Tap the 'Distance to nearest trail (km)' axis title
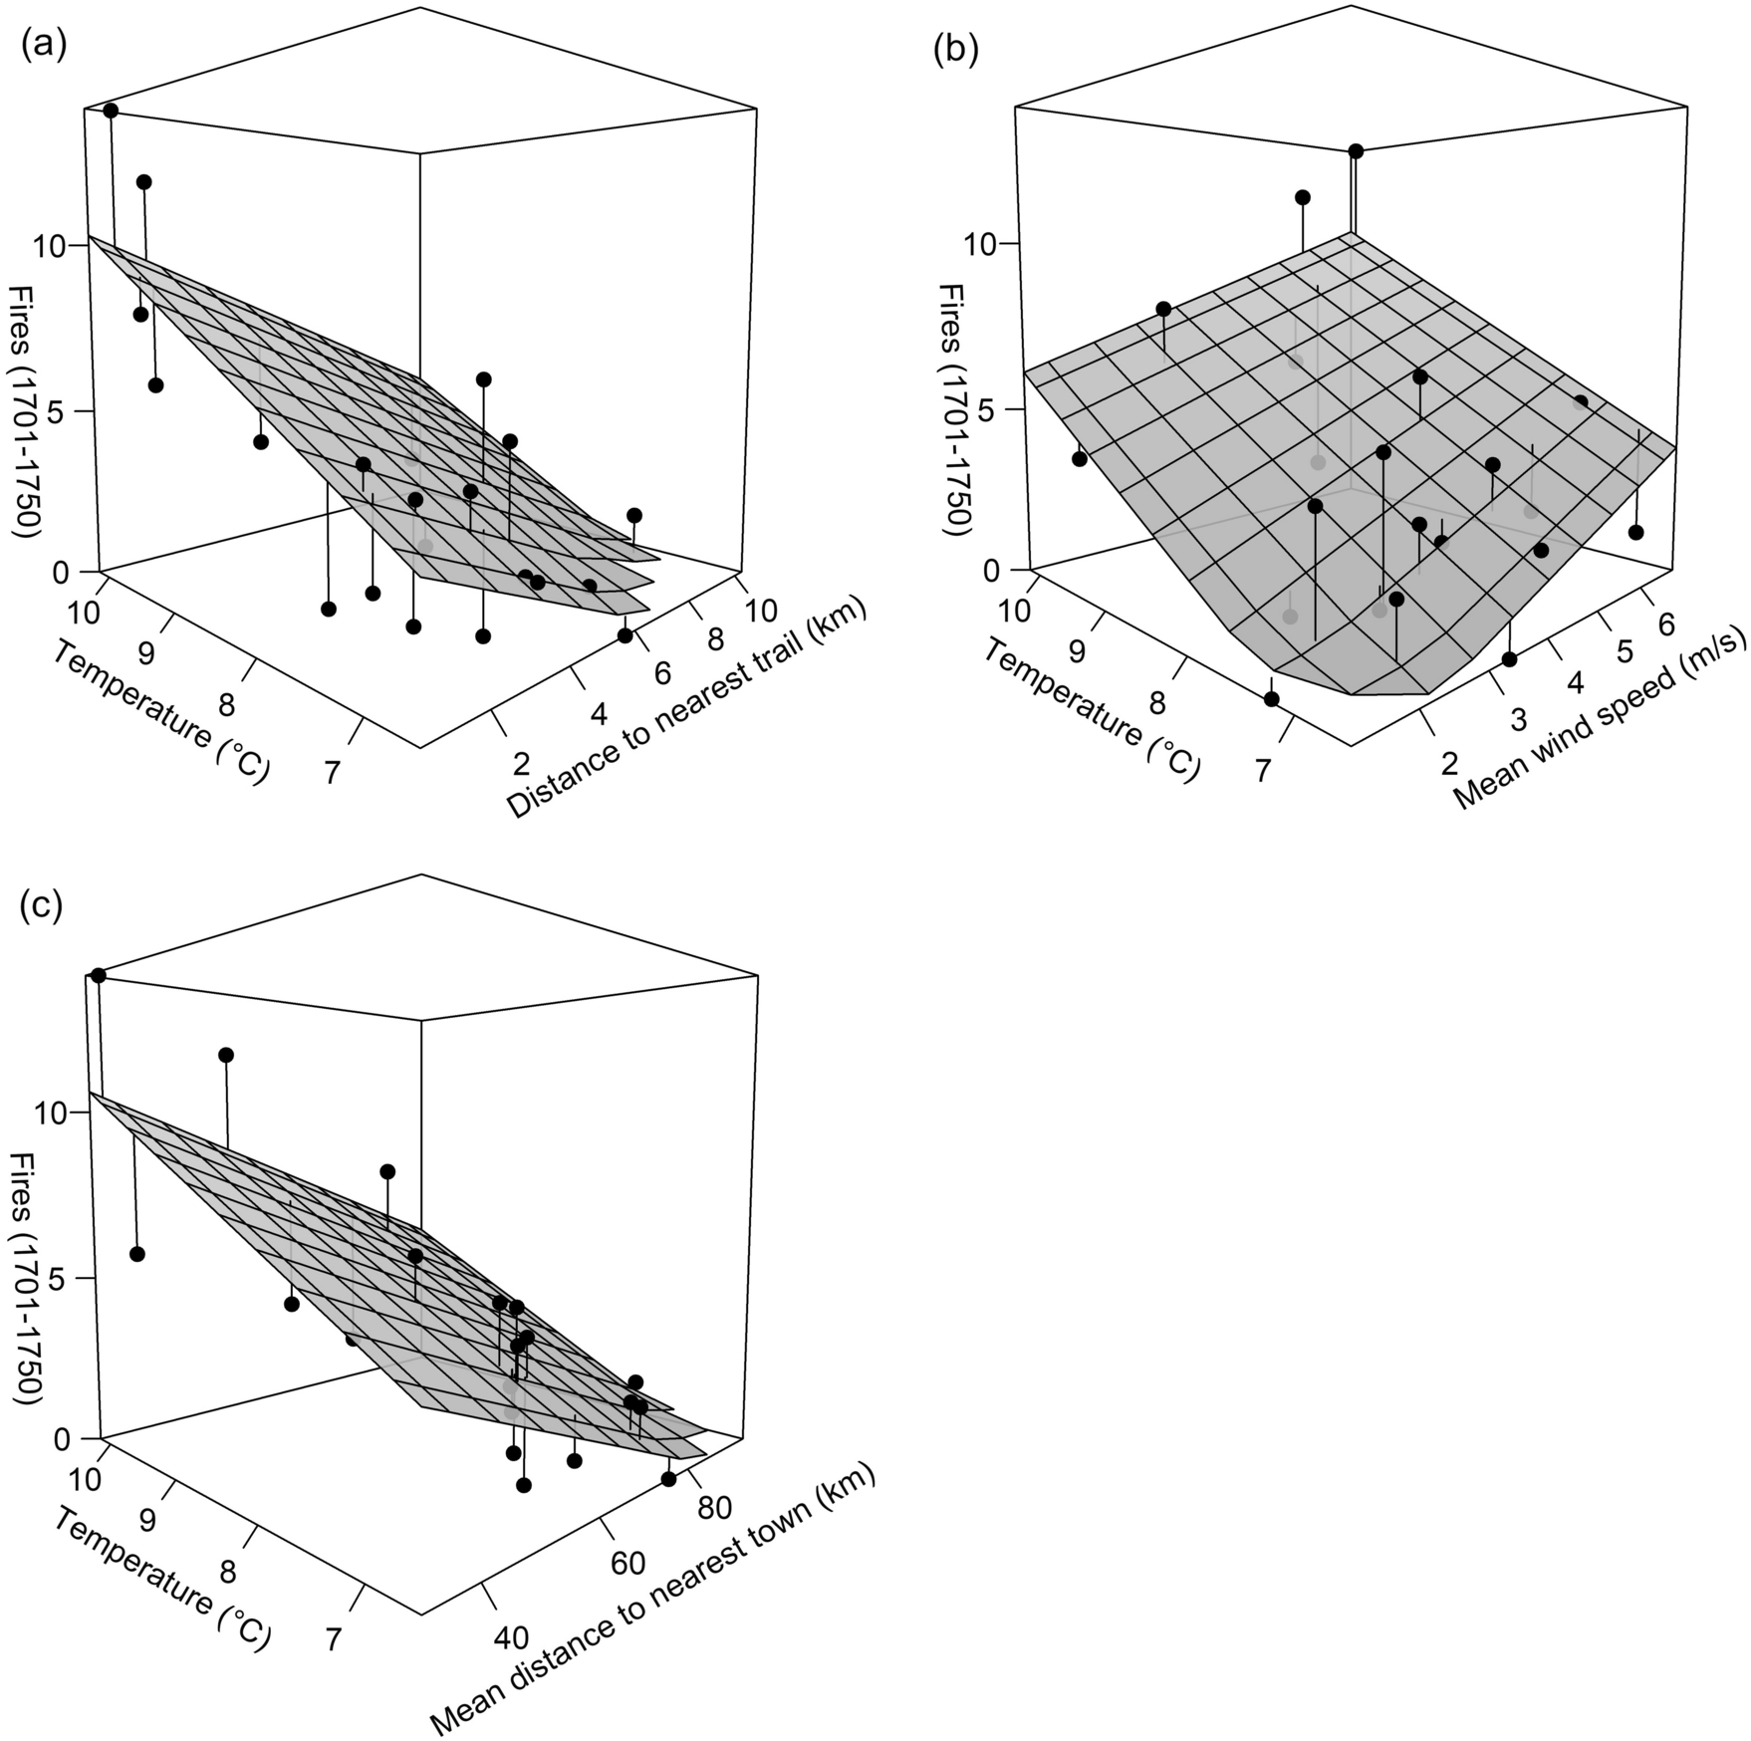687,710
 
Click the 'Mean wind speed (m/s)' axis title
1602,725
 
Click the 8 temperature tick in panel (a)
227,706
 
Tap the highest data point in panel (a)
111,111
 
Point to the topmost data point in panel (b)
1356,151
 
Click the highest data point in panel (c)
98,975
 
